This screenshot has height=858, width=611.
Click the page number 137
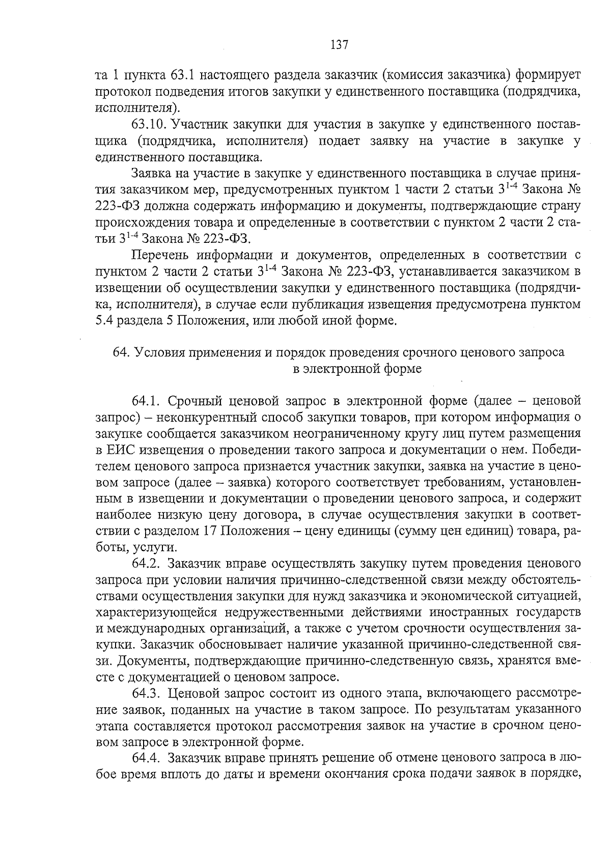coord(339,45)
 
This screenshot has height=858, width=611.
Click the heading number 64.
coord(121,353)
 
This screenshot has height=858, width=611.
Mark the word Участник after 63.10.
coord(198,124)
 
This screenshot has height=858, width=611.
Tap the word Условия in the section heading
coord(159,353)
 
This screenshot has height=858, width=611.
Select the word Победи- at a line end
coord(558,450)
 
